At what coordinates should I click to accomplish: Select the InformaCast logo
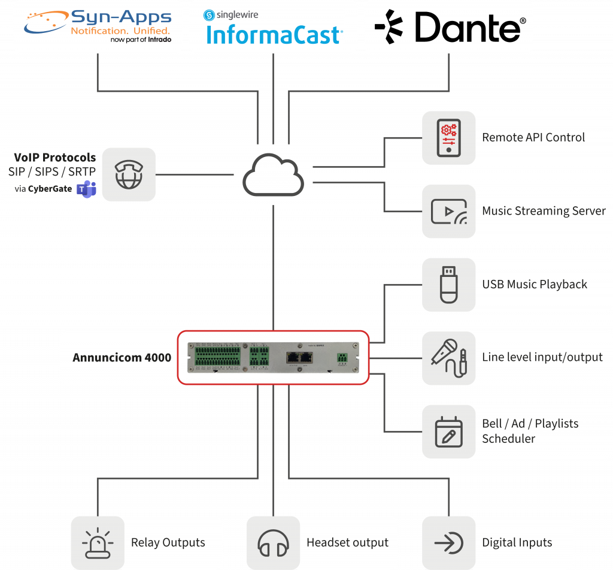(x=273, y=28)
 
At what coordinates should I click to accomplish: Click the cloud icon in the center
(x=273, y=175)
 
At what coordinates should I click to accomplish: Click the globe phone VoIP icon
(x=129, y=174)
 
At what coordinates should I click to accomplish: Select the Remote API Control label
(x=533, y=137)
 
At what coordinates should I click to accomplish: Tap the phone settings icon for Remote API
(x=448, y=137)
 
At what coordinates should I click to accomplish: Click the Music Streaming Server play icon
(x=448, y=211)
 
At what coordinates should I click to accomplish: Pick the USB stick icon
(x=448, y=285)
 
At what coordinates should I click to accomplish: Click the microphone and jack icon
(x=448, y=358)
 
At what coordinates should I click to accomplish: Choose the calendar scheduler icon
(x=448, y=431)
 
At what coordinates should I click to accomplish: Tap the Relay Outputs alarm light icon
(x=98, y=543)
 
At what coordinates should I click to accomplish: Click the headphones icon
(x=273, y=543)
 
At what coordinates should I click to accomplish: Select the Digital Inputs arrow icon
(x=448, y=543)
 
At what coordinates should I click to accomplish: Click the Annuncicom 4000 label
(x=122, y=358)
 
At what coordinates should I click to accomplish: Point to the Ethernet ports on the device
(x=299, y=357)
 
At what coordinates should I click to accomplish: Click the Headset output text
(x=347, y=543)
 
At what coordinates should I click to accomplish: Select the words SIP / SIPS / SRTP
(x=52, y=172)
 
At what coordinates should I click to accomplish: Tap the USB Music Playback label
(x=535, y=285)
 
